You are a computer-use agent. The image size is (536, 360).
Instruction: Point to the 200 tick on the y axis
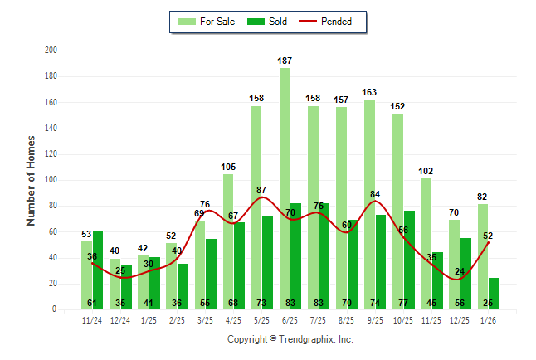(x=51, y=51)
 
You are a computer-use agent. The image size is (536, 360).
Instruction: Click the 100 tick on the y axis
(x=51, y=180)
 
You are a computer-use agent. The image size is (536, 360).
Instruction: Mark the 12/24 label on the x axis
(x=120, y=320)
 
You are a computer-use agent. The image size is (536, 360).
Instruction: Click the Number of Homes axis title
(x=32, y=180)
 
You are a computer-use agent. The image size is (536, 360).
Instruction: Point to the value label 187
(x=285, y=61)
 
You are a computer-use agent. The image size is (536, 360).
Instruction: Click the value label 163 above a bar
(x=369, y=92)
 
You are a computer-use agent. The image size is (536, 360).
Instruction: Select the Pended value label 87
(x=262, y=190)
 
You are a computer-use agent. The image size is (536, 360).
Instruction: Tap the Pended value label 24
(x=459, y=271)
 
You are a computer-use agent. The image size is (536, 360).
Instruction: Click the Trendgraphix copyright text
(x=290, y=339)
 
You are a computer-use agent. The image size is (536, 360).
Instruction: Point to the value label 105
(x=228, y=167)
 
